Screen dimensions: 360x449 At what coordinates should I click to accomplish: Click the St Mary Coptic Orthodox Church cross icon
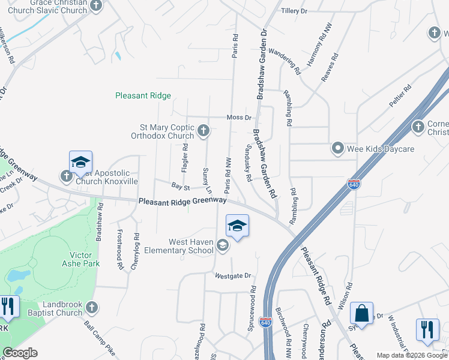tap(204, 130)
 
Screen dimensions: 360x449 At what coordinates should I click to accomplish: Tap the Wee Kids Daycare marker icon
tap(338, 148)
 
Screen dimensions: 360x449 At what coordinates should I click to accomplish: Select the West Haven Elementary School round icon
tap(223, 245)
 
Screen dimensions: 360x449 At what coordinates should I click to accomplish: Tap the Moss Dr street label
tap(238, 118)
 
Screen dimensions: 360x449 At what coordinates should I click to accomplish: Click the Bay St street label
tap(180, 187)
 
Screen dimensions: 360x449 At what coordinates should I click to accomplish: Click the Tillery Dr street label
tap(294, 11)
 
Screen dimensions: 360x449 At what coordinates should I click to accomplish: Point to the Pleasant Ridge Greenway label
tap(182, 202)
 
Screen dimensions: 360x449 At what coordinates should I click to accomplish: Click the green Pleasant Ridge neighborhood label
tap(143, 95)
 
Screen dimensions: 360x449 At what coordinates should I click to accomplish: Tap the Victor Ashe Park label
tap(80, 259)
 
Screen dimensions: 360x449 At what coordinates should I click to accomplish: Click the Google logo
tap(20, 353)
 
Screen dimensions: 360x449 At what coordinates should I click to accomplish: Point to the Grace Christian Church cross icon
tap(96, 5)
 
